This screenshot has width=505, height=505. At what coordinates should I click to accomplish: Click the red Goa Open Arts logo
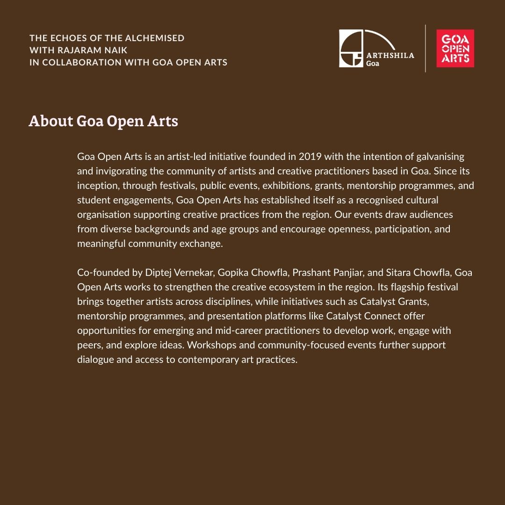tap(455, 49)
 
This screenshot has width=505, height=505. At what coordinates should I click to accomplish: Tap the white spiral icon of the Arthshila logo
tap(351, 49)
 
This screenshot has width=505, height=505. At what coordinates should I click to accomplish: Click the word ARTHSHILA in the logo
tap(390, 55)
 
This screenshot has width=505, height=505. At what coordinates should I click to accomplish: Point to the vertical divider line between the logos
tap(425, 49)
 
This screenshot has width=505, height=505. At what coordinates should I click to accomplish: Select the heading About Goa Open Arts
tap(103, 121)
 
